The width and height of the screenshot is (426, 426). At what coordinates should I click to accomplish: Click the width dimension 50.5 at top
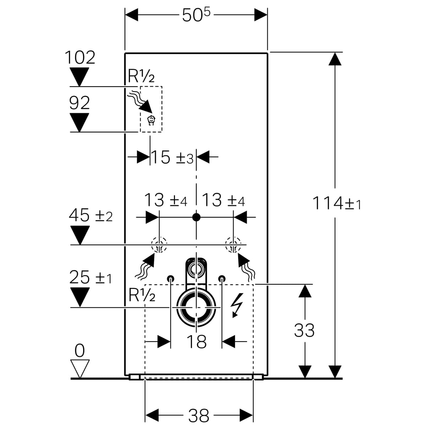point(196,15)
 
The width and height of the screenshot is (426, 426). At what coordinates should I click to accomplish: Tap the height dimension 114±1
point(336,203)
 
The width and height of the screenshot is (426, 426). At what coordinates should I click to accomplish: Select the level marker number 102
point(80,58)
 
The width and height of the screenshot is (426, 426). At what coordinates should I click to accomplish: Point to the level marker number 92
point(80,103)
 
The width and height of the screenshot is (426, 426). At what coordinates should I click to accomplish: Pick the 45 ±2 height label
point(91,215)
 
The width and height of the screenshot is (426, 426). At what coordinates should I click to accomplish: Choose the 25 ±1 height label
point(91,277)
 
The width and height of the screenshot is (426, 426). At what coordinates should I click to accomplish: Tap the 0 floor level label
point(80,351)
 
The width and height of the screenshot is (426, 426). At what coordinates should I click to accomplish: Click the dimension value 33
point(304,331)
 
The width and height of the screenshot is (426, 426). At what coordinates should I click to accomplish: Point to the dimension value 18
point(196,342)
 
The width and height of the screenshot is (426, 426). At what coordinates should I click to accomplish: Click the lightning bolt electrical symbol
point(235,306)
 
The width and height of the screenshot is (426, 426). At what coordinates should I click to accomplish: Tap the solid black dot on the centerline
point(196,217)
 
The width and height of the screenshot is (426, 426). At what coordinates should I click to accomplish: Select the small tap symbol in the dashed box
point(151,120)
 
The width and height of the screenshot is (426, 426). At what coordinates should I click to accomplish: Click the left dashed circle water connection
point(159,245)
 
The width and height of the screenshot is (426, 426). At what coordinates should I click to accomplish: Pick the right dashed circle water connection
point(233,245)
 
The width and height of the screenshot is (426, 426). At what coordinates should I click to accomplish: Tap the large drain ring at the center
point(196,307)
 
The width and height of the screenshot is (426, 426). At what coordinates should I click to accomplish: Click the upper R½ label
point(141,76)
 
